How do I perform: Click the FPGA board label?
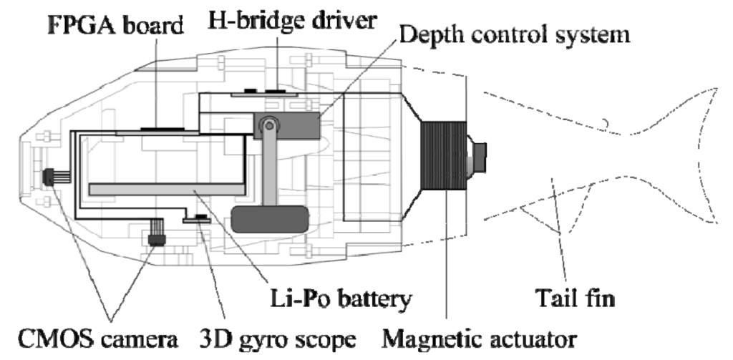click(115, 26)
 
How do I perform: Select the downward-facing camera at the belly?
click(154, 235)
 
